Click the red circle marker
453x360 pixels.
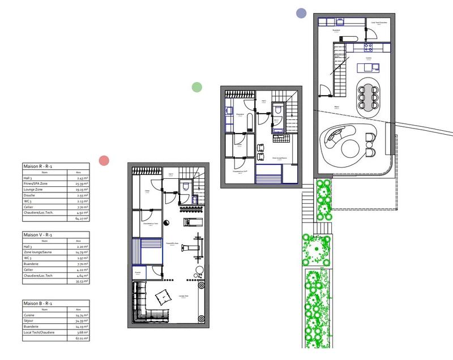coord(104,160)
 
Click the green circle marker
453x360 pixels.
coord(196,87)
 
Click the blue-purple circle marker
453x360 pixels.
coord(301,12)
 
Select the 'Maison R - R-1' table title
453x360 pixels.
coord(39,166)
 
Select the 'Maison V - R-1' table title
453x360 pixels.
coord(39,233)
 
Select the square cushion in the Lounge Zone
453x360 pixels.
coord(162,295)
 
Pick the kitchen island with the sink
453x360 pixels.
coord(366,68)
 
